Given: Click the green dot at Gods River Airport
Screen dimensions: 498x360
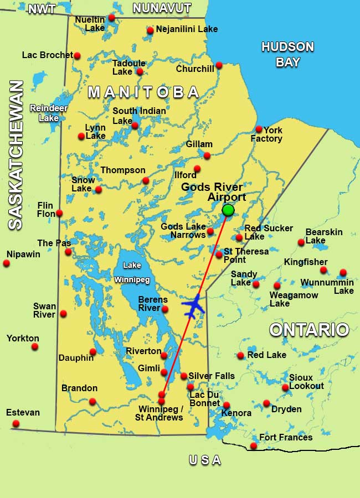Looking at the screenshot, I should click(228, 210).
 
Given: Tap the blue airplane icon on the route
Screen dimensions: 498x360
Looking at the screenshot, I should click(193, 307).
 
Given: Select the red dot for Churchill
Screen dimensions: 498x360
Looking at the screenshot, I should click(219, 65).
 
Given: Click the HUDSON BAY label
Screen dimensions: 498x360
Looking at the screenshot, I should click(287, 54).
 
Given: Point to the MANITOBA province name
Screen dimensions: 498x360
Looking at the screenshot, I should click(143, 92).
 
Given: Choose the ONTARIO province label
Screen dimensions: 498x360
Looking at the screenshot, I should click(309, 330).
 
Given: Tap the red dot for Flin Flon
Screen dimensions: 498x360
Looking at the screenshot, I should click(59, 213).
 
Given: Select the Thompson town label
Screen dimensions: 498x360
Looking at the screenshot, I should click(123, 170).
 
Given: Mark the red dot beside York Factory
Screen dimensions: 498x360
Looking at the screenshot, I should click(259, 129).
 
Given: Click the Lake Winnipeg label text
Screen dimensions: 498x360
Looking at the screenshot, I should click(132, 272).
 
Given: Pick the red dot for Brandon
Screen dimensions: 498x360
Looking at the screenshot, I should click(92, 401).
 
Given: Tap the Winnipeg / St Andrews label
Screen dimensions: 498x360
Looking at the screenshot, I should click(159, 413).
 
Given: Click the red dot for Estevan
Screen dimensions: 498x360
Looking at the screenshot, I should click(16, 424).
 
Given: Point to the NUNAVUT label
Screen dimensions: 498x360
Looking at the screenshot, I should click(162, 8).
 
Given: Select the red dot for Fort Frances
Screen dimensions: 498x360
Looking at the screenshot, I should click(254, 446).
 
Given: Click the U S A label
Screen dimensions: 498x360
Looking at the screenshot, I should click(205, 460).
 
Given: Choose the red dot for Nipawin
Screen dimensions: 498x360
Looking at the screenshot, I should click(7, 263).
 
